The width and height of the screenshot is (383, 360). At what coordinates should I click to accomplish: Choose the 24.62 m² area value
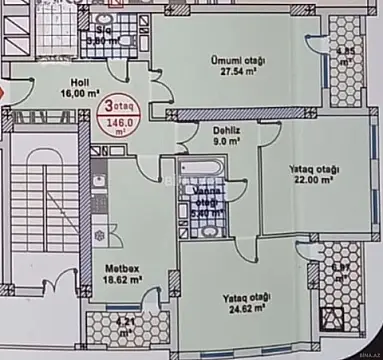tap(244, 309)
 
